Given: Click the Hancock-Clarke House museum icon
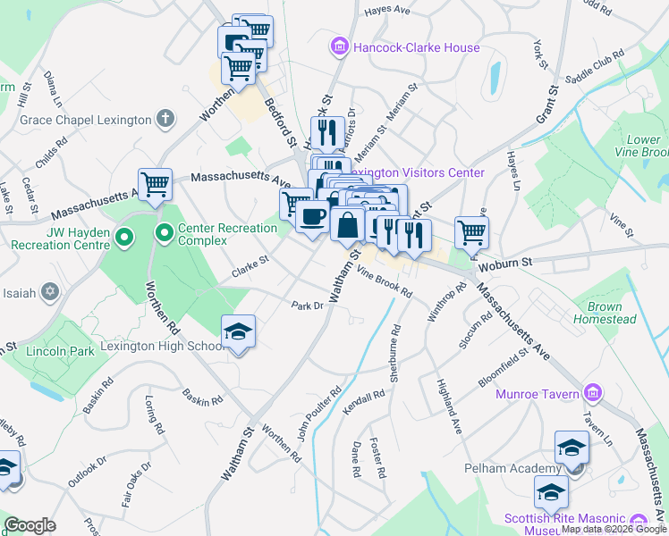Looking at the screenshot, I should pyautogui.click(x=339, y=46).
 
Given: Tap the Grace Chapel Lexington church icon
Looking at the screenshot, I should pyautogui.click(x=165, y=118).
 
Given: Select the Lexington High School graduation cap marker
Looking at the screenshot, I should pyautogui.click(x=238, y=332).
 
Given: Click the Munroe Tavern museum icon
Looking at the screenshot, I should pyautogui.click(x=591, y=392).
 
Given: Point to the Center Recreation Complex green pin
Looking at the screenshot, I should pyautogui.click(x=165, y=236).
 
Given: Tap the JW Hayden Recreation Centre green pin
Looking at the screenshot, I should pyautogui.click(x=124, y=238).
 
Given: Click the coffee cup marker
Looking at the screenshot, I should pyautogui.click(x=312, y=216).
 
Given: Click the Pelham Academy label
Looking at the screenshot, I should pyautogui.click(x=511, y=468).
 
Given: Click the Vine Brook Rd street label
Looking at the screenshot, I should pyautogui.click(x=385, y=281).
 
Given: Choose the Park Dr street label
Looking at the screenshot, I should pyautogui.click(x=307, y=306).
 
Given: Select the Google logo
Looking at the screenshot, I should pyautogui.click(x=30, y=525).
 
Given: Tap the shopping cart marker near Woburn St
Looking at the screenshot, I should pyautogui.click(x=471, y=231).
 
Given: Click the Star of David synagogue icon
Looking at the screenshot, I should pyautogui.click(x=50, y=292).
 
